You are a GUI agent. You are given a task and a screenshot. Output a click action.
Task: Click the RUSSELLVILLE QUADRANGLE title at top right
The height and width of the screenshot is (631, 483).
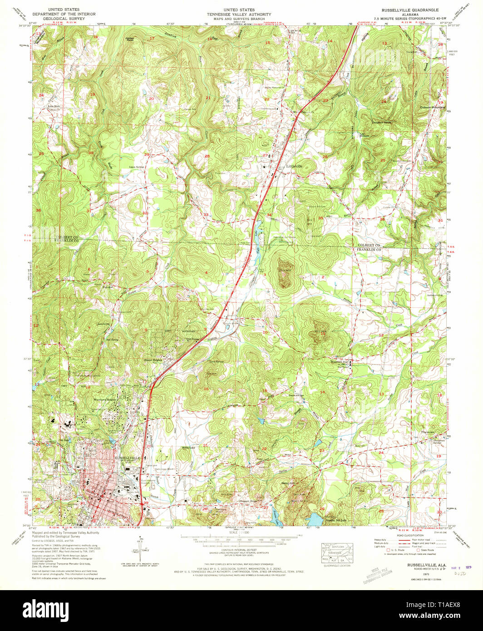[x=414, y=9]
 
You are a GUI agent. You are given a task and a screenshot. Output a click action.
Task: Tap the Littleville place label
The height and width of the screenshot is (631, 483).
[x=295, y=166]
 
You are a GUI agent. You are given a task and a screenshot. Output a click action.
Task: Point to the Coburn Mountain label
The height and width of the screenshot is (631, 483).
[x=433, y=108]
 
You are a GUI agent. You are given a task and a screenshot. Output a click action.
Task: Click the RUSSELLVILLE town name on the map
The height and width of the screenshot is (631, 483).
[x=128, y=458]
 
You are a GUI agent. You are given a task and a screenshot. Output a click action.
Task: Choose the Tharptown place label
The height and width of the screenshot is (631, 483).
[x=430, y=432]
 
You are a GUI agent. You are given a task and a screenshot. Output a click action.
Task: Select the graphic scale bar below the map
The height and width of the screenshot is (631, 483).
[x=241, y=540]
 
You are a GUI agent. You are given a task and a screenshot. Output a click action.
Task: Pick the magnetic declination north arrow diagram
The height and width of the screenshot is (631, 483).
[x=141, y=549]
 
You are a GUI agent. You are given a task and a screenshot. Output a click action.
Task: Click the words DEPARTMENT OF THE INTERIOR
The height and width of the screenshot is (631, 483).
[x=64, y=14]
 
